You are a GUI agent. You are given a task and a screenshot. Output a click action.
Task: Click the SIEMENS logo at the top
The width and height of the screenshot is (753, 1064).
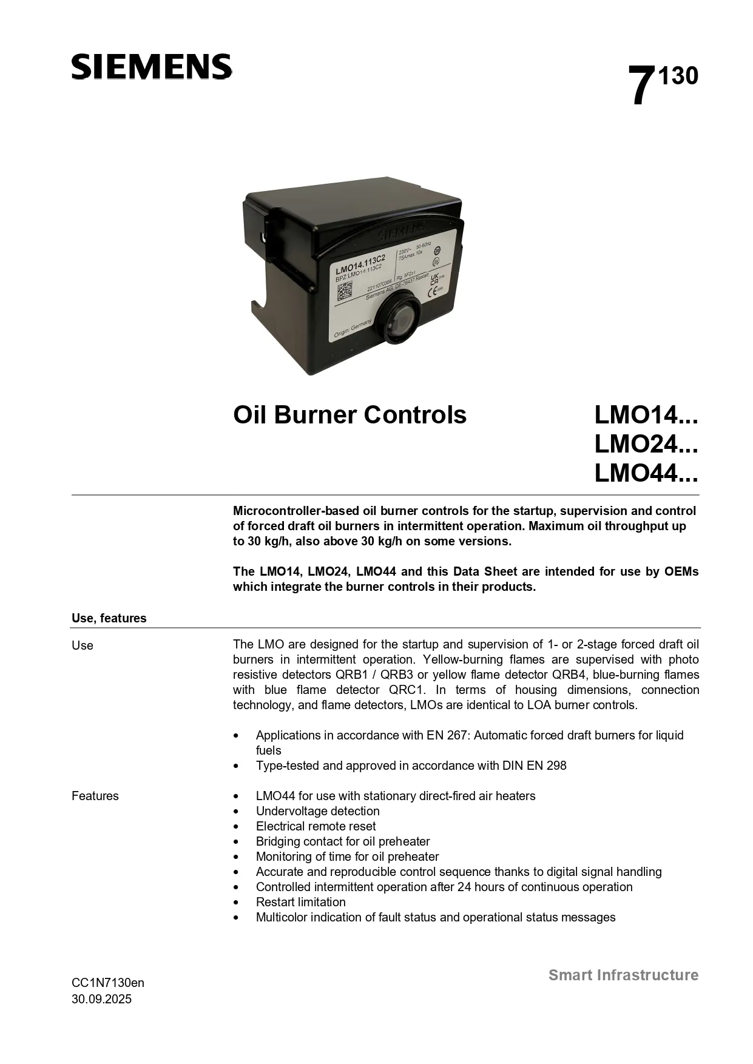[x=151, y=67]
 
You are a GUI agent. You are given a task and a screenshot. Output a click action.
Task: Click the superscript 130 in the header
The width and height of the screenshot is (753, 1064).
[x=678, y=76]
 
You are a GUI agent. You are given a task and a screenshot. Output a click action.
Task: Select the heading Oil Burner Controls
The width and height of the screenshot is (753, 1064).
[x=350, y=415]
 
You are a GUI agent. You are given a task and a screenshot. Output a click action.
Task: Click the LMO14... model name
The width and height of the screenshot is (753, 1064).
[x=646, y=415]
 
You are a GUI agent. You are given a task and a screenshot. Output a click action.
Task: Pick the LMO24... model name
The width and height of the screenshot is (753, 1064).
[x=646, y=444]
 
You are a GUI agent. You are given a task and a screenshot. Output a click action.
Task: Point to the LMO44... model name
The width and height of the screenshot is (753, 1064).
[x=646, y=473]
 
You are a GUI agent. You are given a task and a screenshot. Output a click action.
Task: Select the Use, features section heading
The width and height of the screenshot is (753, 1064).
[x=109, y=618]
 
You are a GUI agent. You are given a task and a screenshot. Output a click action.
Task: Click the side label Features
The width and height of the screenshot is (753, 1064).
[x=95, y=796]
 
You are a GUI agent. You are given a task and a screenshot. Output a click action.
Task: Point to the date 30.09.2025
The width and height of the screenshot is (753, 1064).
[x=101, y=999]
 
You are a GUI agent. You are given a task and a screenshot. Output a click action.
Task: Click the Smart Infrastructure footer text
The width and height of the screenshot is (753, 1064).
[x=624, y=975]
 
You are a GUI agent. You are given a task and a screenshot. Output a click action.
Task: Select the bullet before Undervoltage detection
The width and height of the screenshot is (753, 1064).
[x=237, y=812]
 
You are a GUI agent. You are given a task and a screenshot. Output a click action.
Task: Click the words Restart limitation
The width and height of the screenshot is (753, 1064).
[x=301, y=902]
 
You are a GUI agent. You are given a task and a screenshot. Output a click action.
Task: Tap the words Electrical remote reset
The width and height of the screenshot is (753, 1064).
[x=316, y=826]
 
